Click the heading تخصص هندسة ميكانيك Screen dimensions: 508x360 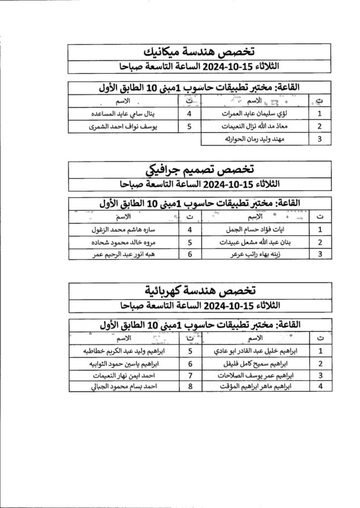[199, 52]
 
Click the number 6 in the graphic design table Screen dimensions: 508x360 [189, 254]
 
